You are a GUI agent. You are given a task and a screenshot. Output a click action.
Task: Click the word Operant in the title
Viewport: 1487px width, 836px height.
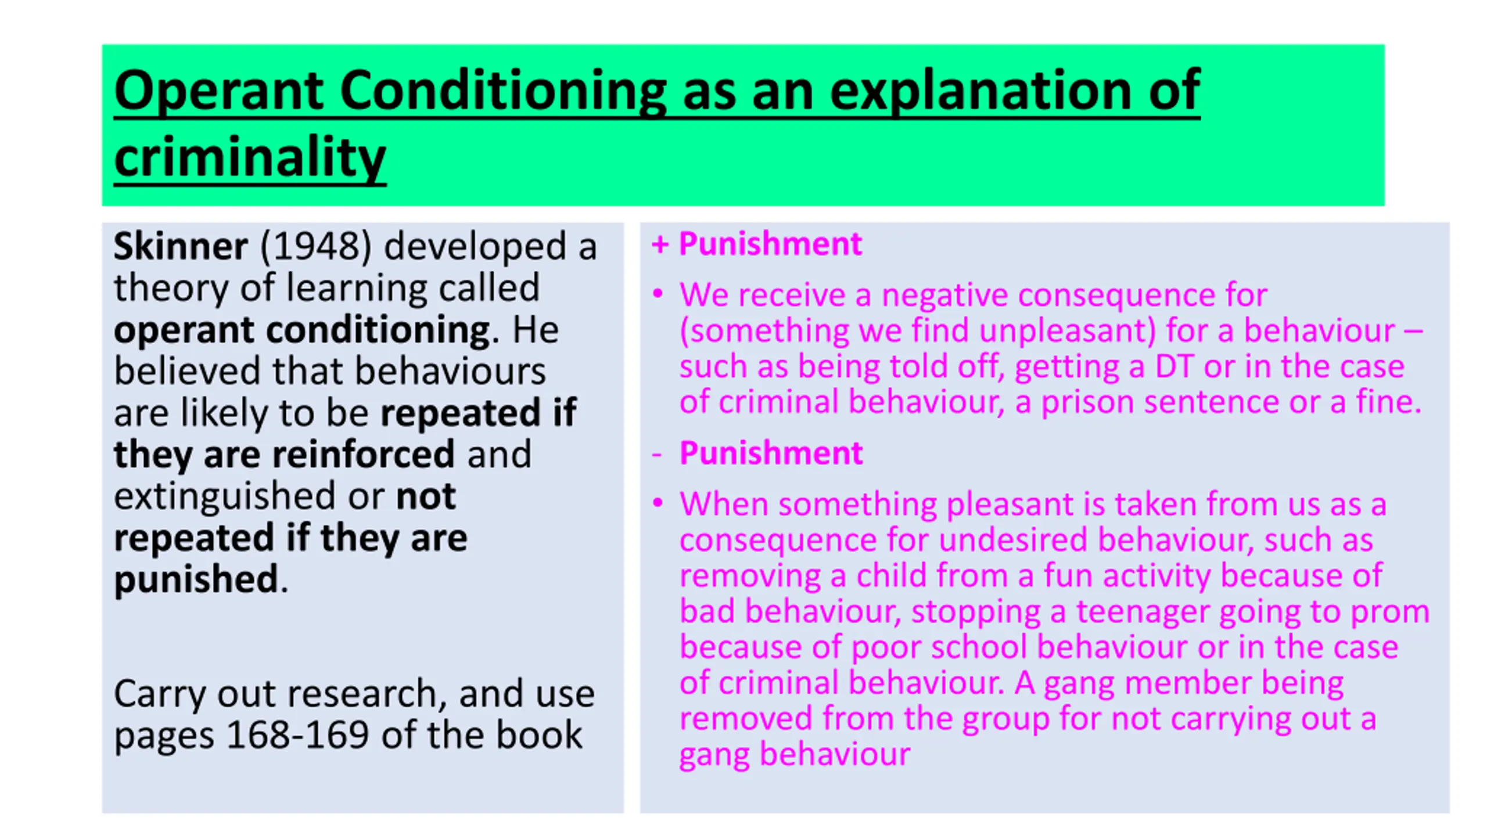click(x=218, y=91)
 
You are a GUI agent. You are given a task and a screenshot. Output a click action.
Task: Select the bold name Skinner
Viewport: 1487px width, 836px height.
click(x=181, y=246)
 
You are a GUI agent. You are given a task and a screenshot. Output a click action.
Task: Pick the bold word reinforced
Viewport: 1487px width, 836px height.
click(x=363, y=454)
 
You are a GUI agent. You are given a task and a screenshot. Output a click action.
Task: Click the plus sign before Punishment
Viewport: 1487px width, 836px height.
click(x=659, y=244)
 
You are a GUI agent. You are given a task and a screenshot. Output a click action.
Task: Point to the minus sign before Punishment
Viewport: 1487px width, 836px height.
click(x=657, y=454)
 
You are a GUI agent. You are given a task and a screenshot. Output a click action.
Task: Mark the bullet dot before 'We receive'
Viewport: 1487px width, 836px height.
click(x=658, y=293)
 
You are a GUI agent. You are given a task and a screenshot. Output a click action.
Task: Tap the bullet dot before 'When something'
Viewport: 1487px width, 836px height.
click(x=658, y=502)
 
